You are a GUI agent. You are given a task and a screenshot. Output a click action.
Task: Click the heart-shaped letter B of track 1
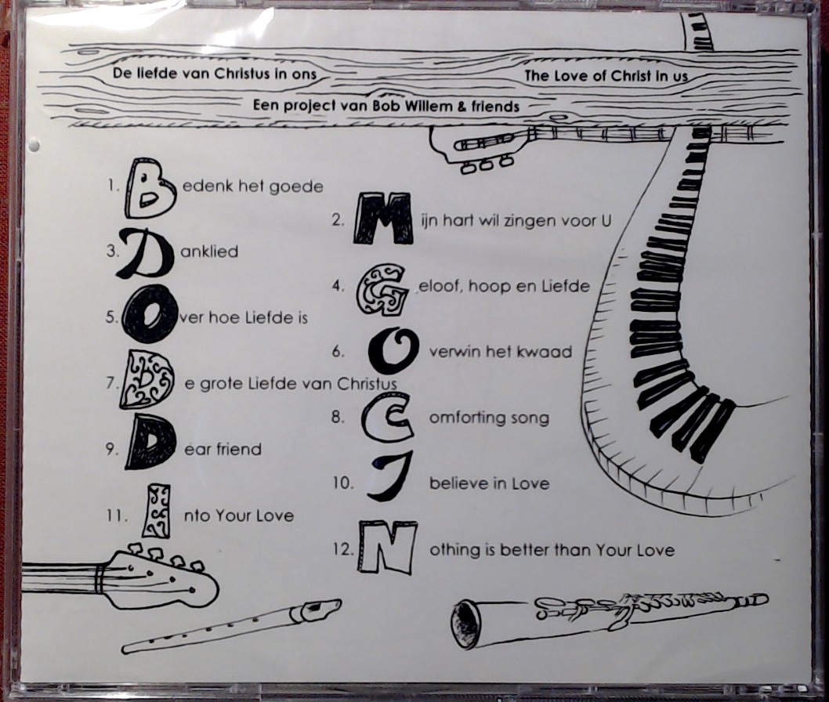[x=150, y=189]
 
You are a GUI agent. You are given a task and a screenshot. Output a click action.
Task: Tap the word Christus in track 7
[x=367, y=383]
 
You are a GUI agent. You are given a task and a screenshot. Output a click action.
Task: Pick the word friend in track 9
[x=239, y=449]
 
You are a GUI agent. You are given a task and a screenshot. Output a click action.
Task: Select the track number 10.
[x=343, y=483]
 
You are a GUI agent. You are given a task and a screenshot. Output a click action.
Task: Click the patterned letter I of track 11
[x=157, y=511]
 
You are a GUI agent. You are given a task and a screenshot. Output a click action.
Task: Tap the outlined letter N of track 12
[x=388, y=547]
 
